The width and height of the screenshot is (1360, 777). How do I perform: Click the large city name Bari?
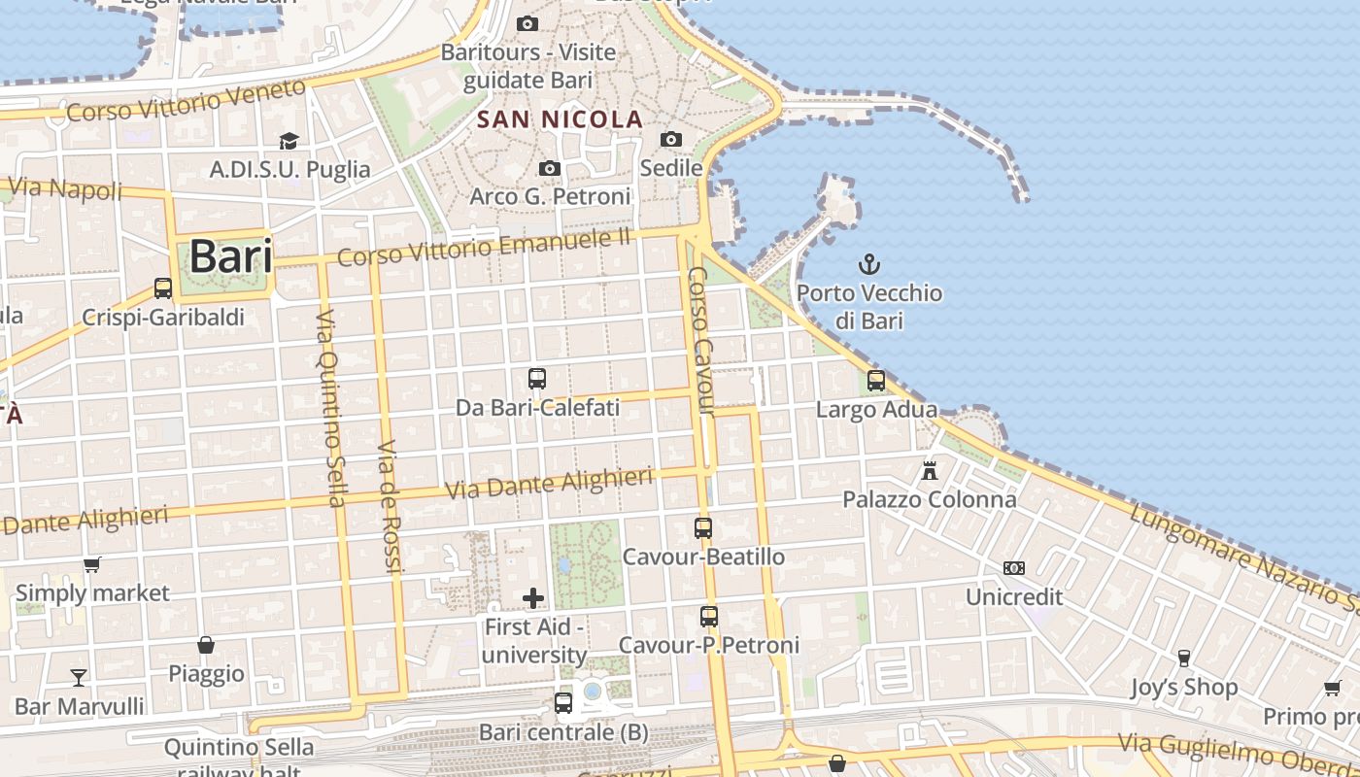coord(230,256)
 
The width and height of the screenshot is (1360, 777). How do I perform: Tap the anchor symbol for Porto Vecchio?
coord(869,263)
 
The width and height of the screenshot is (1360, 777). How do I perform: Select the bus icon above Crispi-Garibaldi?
coord(163,288)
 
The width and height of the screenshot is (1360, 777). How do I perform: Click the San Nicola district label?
coord(561,119)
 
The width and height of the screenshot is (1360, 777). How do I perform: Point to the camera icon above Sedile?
coord(671,140)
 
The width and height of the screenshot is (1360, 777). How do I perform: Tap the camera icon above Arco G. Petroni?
coord(550,169)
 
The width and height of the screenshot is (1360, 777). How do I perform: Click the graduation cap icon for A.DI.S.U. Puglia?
coord(289,142)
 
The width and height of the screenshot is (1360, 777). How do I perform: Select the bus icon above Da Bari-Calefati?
coord(537,379)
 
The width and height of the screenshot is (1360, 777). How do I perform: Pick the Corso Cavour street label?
coord(701,341)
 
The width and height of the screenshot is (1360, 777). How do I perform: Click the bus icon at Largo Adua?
coord(876,381)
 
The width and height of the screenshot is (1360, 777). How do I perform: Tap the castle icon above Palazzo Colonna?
coord(930,471)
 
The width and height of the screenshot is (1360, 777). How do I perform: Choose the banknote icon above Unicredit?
coord(1014,568)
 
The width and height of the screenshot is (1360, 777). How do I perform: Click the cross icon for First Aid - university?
coord(533,598)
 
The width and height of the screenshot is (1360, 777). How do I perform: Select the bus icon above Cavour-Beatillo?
coord(703,528)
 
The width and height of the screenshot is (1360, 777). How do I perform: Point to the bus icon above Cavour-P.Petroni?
coord(709,617)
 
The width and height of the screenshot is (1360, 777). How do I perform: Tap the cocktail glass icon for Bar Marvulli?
coord(79,677)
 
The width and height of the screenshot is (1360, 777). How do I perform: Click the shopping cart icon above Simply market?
coord(92,564)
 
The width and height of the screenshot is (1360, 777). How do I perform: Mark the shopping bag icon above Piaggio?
coord(206,645)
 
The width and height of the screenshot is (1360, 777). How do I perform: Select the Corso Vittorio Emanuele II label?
coord(485,247)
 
